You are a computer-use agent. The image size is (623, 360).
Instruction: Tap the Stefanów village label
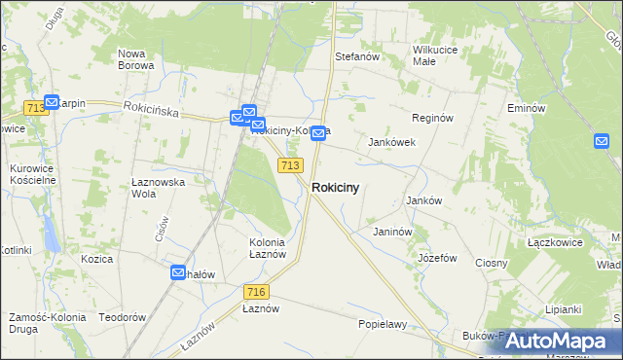[x=356, y=57]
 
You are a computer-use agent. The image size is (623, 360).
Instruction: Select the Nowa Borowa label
[x=135, y=59]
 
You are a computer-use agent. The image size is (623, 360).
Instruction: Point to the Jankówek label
[x=391, y=142]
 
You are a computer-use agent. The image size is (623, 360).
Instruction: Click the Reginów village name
[x=433, y=118]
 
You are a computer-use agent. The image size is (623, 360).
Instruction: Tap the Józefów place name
[x=437, y=258]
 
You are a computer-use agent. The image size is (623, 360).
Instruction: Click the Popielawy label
[x=382, y=324]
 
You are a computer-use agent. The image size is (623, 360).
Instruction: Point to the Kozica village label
[x=97, y=259]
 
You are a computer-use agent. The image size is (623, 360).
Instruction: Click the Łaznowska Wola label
[x=158, y=187]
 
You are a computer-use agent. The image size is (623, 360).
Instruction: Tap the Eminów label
[x=525, y=108]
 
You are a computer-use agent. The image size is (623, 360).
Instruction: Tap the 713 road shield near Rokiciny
[x=289, y=166]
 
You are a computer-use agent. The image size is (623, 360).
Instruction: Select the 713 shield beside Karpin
[x=37, y=108]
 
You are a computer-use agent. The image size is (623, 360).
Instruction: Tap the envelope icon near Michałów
[x=178, y=273]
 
